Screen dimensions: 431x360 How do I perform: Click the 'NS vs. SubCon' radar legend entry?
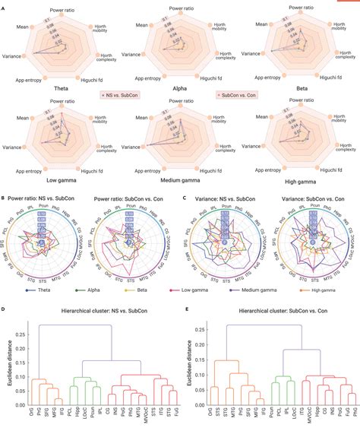click(x=125, y=96)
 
